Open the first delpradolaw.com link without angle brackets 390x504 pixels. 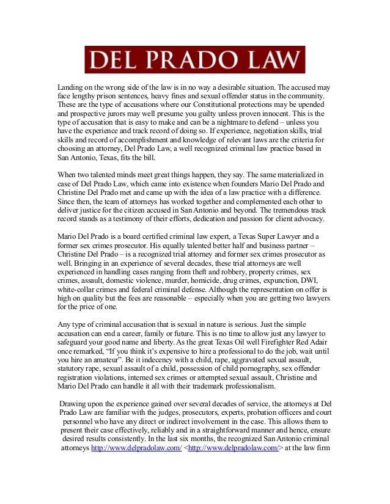tap(136, 448)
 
